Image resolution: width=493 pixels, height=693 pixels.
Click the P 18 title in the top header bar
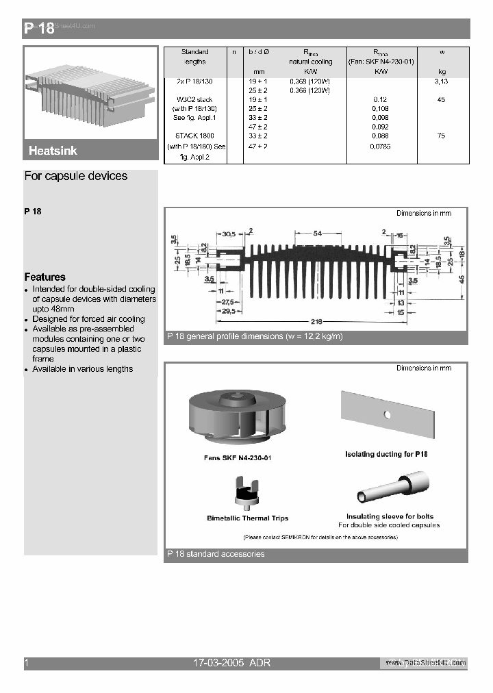coord(39,28)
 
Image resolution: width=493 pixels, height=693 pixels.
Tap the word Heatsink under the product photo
coord(53,151)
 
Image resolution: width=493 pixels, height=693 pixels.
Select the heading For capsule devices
coord(75,176)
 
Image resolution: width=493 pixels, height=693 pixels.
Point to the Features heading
coord(45,277)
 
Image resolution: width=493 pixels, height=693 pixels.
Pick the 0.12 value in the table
coord(379,100)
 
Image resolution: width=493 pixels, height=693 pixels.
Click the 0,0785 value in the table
coord(379,147)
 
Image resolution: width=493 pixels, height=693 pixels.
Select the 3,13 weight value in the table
coord(440,81)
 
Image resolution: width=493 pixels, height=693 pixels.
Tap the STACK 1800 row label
coord(194,136)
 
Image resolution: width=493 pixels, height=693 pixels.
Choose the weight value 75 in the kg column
coord(440,136)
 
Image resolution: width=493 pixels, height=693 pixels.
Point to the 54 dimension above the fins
coord(317,234)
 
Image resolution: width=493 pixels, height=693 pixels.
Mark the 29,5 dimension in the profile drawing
coord(227,311)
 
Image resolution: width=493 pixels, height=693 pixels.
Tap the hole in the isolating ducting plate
coord(388,414)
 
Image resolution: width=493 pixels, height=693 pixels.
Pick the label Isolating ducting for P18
coord(386,454)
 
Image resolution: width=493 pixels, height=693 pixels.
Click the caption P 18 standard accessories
coord(216,554)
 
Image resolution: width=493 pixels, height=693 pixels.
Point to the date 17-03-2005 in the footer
coord(218,663)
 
